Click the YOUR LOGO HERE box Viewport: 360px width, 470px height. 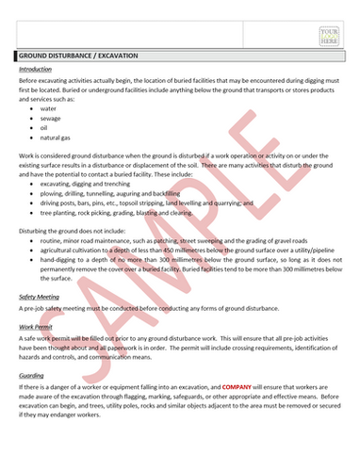pos(329,38)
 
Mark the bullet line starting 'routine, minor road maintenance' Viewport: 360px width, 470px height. pos(160,240)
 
